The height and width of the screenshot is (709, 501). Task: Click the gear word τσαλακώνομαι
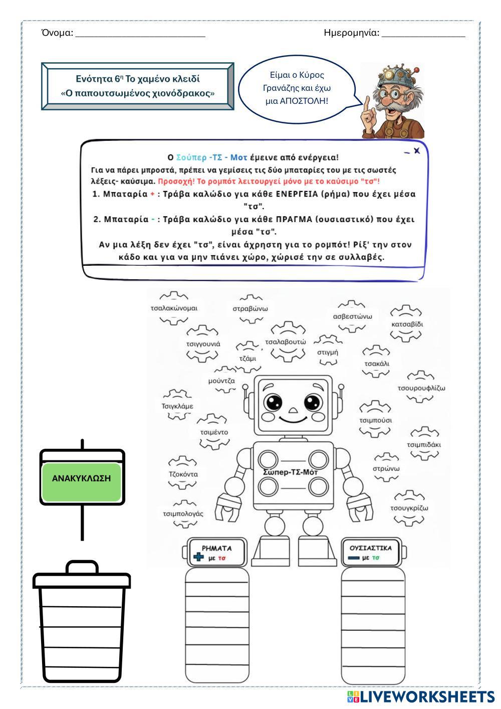[x=174, y=308]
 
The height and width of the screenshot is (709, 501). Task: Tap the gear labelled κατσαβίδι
[x=407, y=324]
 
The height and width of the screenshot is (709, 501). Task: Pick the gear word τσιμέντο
[x=214, y=432]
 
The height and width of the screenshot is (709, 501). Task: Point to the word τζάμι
[x=247, y=358]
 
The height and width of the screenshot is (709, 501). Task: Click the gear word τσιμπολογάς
[x=183, y=513]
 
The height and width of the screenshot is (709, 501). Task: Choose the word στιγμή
[x=328, y=352]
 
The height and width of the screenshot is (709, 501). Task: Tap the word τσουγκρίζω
[x=409, y=507]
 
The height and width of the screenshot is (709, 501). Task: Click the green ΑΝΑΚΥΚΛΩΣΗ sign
[x=81, y=478]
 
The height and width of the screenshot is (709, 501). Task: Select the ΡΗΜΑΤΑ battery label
[x=216, y=548]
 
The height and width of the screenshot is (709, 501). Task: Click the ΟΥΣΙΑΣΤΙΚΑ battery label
[x=371, y=548]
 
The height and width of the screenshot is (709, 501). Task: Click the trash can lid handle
[x=82, y=567]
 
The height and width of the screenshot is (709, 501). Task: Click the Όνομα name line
[x=140, y=34]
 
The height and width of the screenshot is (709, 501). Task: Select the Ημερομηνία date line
[x=423, y=34]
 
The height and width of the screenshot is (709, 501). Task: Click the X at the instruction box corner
[x=417, y=150]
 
